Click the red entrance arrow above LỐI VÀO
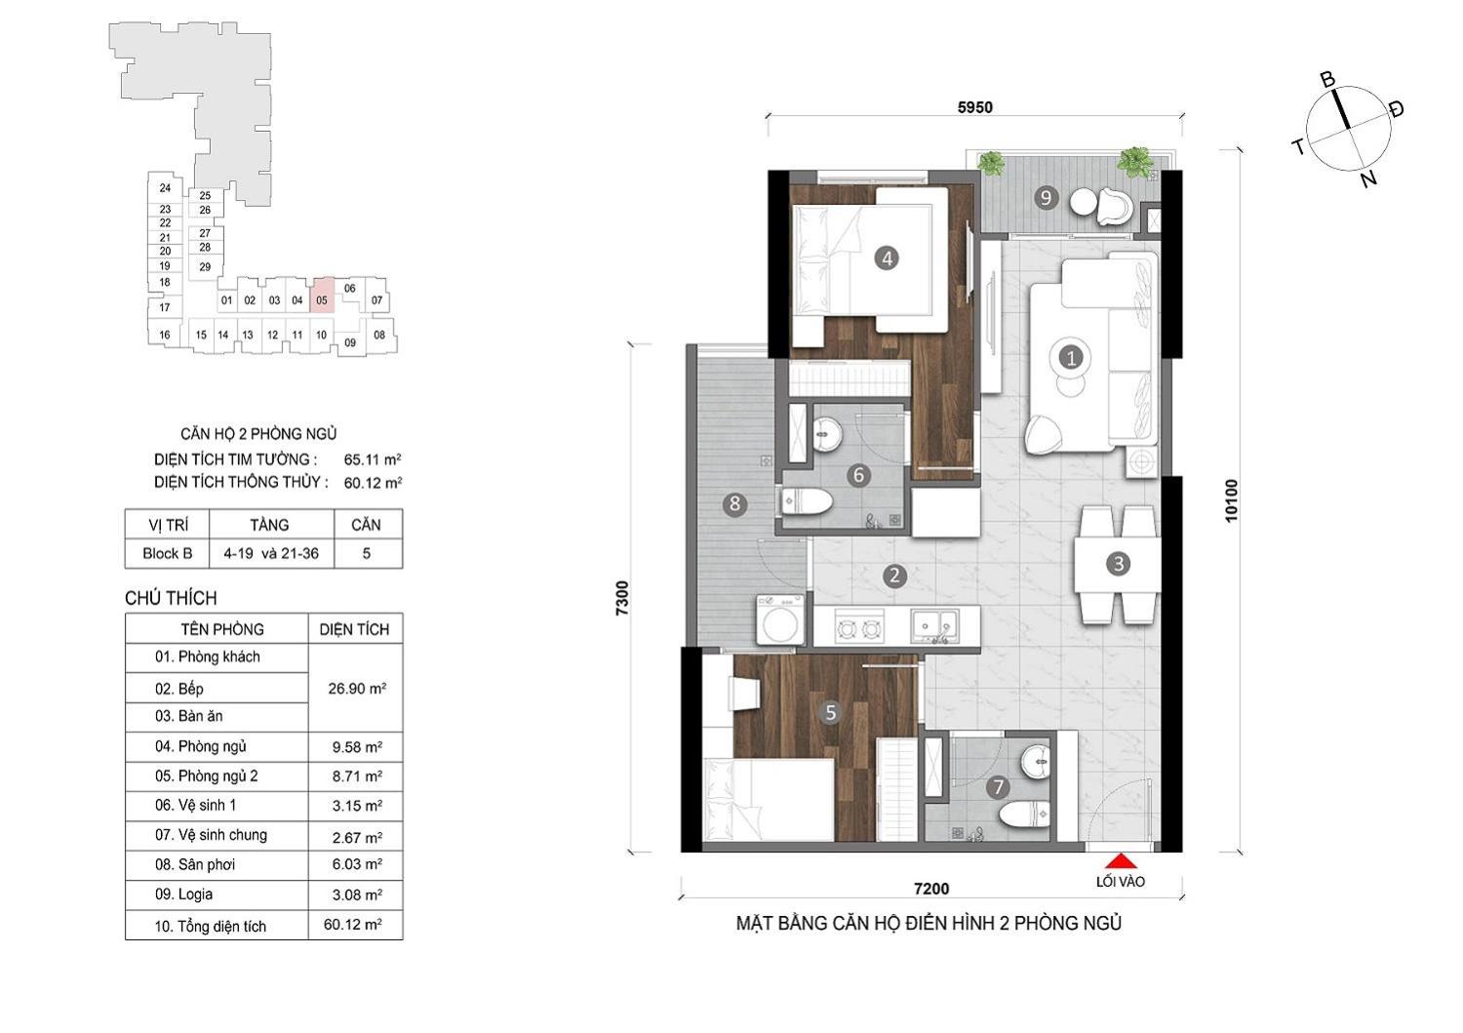click(x=1121, y=861)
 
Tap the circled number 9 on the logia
click(x=1046, y=197)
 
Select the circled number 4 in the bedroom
click(x=887, y=258)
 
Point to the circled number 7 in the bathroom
click(x=998, y=787)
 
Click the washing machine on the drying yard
click(x=780, y=618)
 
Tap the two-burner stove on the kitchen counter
click(x=859, y=628)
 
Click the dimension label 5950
click(x=975, y=107)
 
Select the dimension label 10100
click(x=1231, y=500)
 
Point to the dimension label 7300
click(x=622, y=598)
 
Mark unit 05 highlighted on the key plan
click(x=322, y=296)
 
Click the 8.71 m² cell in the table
click(x=357, y=776)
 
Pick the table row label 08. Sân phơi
click(x=195, y=864)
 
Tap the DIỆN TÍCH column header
click(x=354, y=629)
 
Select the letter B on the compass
click(x=1327, y=80)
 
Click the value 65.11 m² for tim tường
click(x=373, y=459)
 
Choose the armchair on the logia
click(x=1114, y=206)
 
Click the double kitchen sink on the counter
click(x=935, y=625)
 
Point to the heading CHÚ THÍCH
click(x=171, y=598)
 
